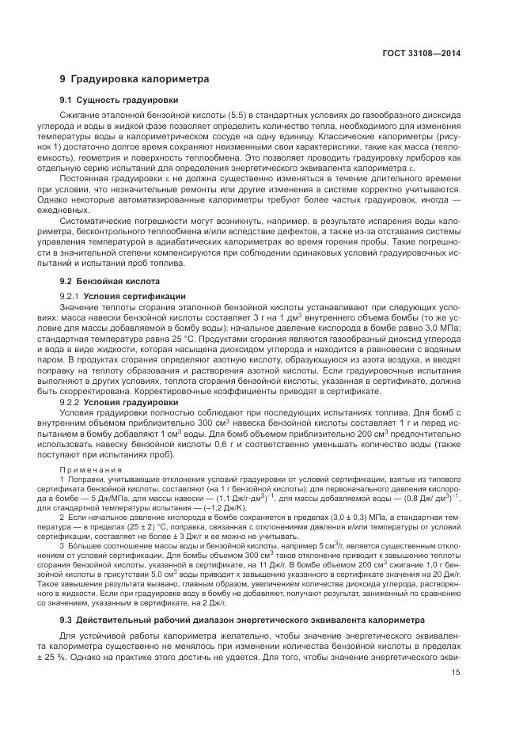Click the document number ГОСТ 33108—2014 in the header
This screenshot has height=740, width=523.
pyautogui.click(x=422, y=54)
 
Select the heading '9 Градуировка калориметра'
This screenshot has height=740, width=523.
pyautogui.click(x=134, y=80)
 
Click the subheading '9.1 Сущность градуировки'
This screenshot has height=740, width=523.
pyautogui.click(x=119, y=100)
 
